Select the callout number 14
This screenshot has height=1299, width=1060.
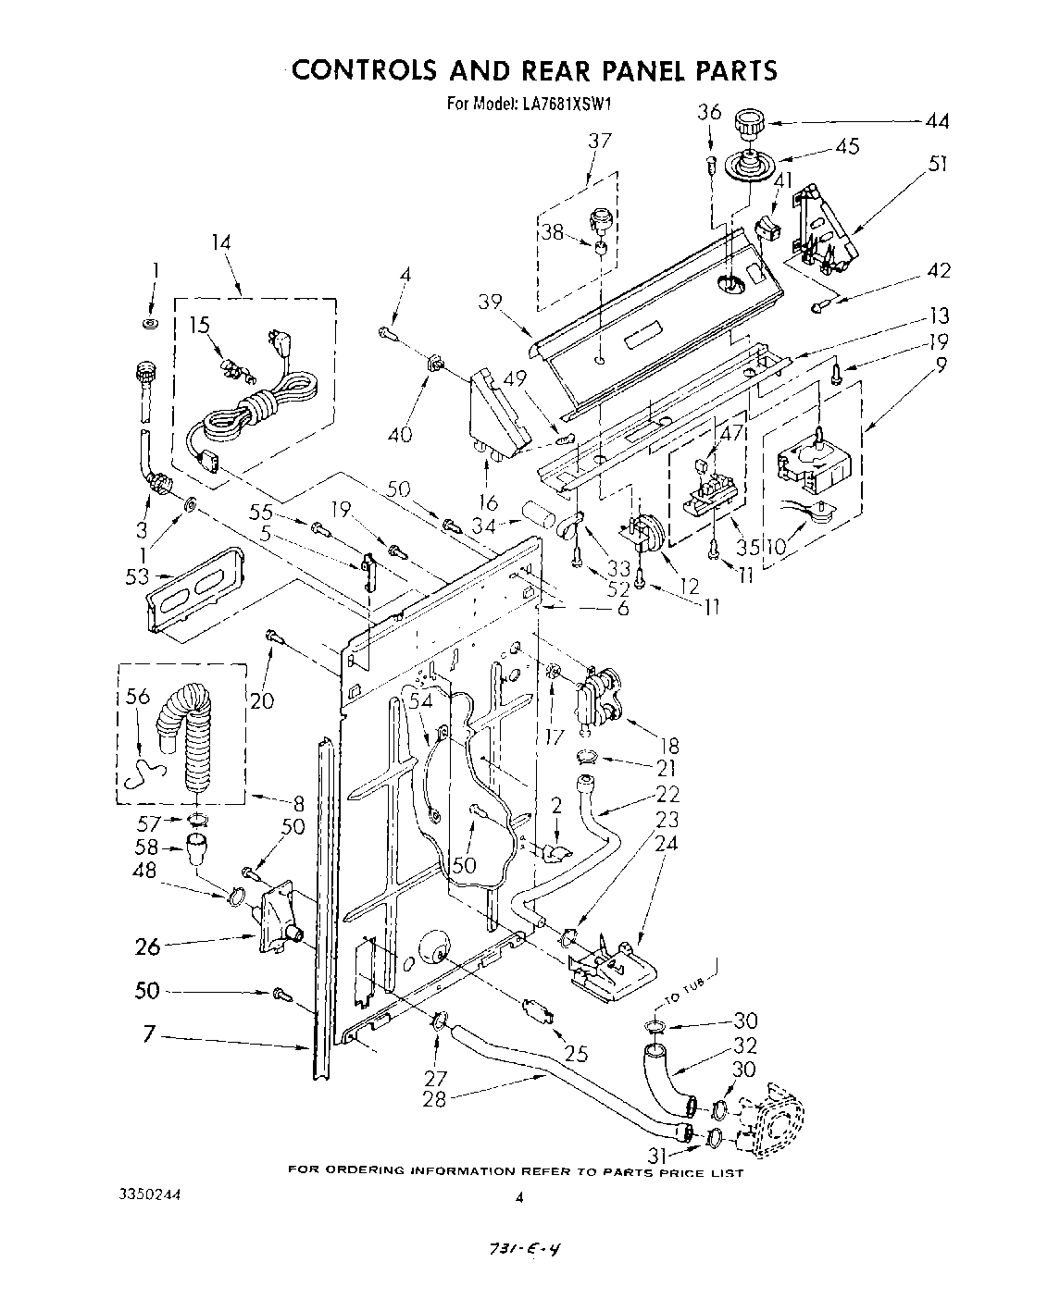point(221,243)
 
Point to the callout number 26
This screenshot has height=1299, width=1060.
point(148,946)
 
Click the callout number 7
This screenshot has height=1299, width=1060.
point(149,1033)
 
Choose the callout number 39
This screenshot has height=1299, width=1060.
point(492,302)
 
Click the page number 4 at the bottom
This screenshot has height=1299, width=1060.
point(519,1196)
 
